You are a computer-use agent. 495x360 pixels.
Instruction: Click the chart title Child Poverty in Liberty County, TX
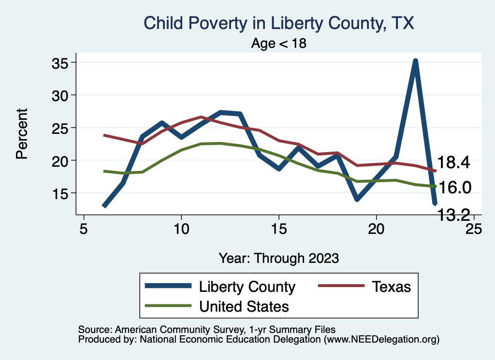coord(279,23)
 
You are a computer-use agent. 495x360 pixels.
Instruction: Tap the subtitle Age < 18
coord(279,43)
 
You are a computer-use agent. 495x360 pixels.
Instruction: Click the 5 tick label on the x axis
coord(84,228)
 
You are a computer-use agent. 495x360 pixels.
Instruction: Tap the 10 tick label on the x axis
coord(181,228)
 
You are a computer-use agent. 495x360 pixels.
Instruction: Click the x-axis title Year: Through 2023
coord(278,258)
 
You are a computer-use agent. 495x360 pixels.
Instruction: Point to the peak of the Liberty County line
coord(415,61)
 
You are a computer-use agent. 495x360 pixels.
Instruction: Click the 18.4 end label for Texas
coord(453,163)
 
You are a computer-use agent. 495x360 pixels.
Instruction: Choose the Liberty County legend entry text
coord(247,287)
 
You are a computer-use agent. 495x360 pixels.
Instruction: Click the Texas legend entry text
coord(391,287)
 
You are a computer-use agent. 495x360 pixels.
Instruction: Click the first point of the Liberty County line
coord(104,206)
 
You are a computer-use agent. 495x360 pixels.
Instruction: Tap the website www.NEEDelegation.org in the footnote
coord(381,340)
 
